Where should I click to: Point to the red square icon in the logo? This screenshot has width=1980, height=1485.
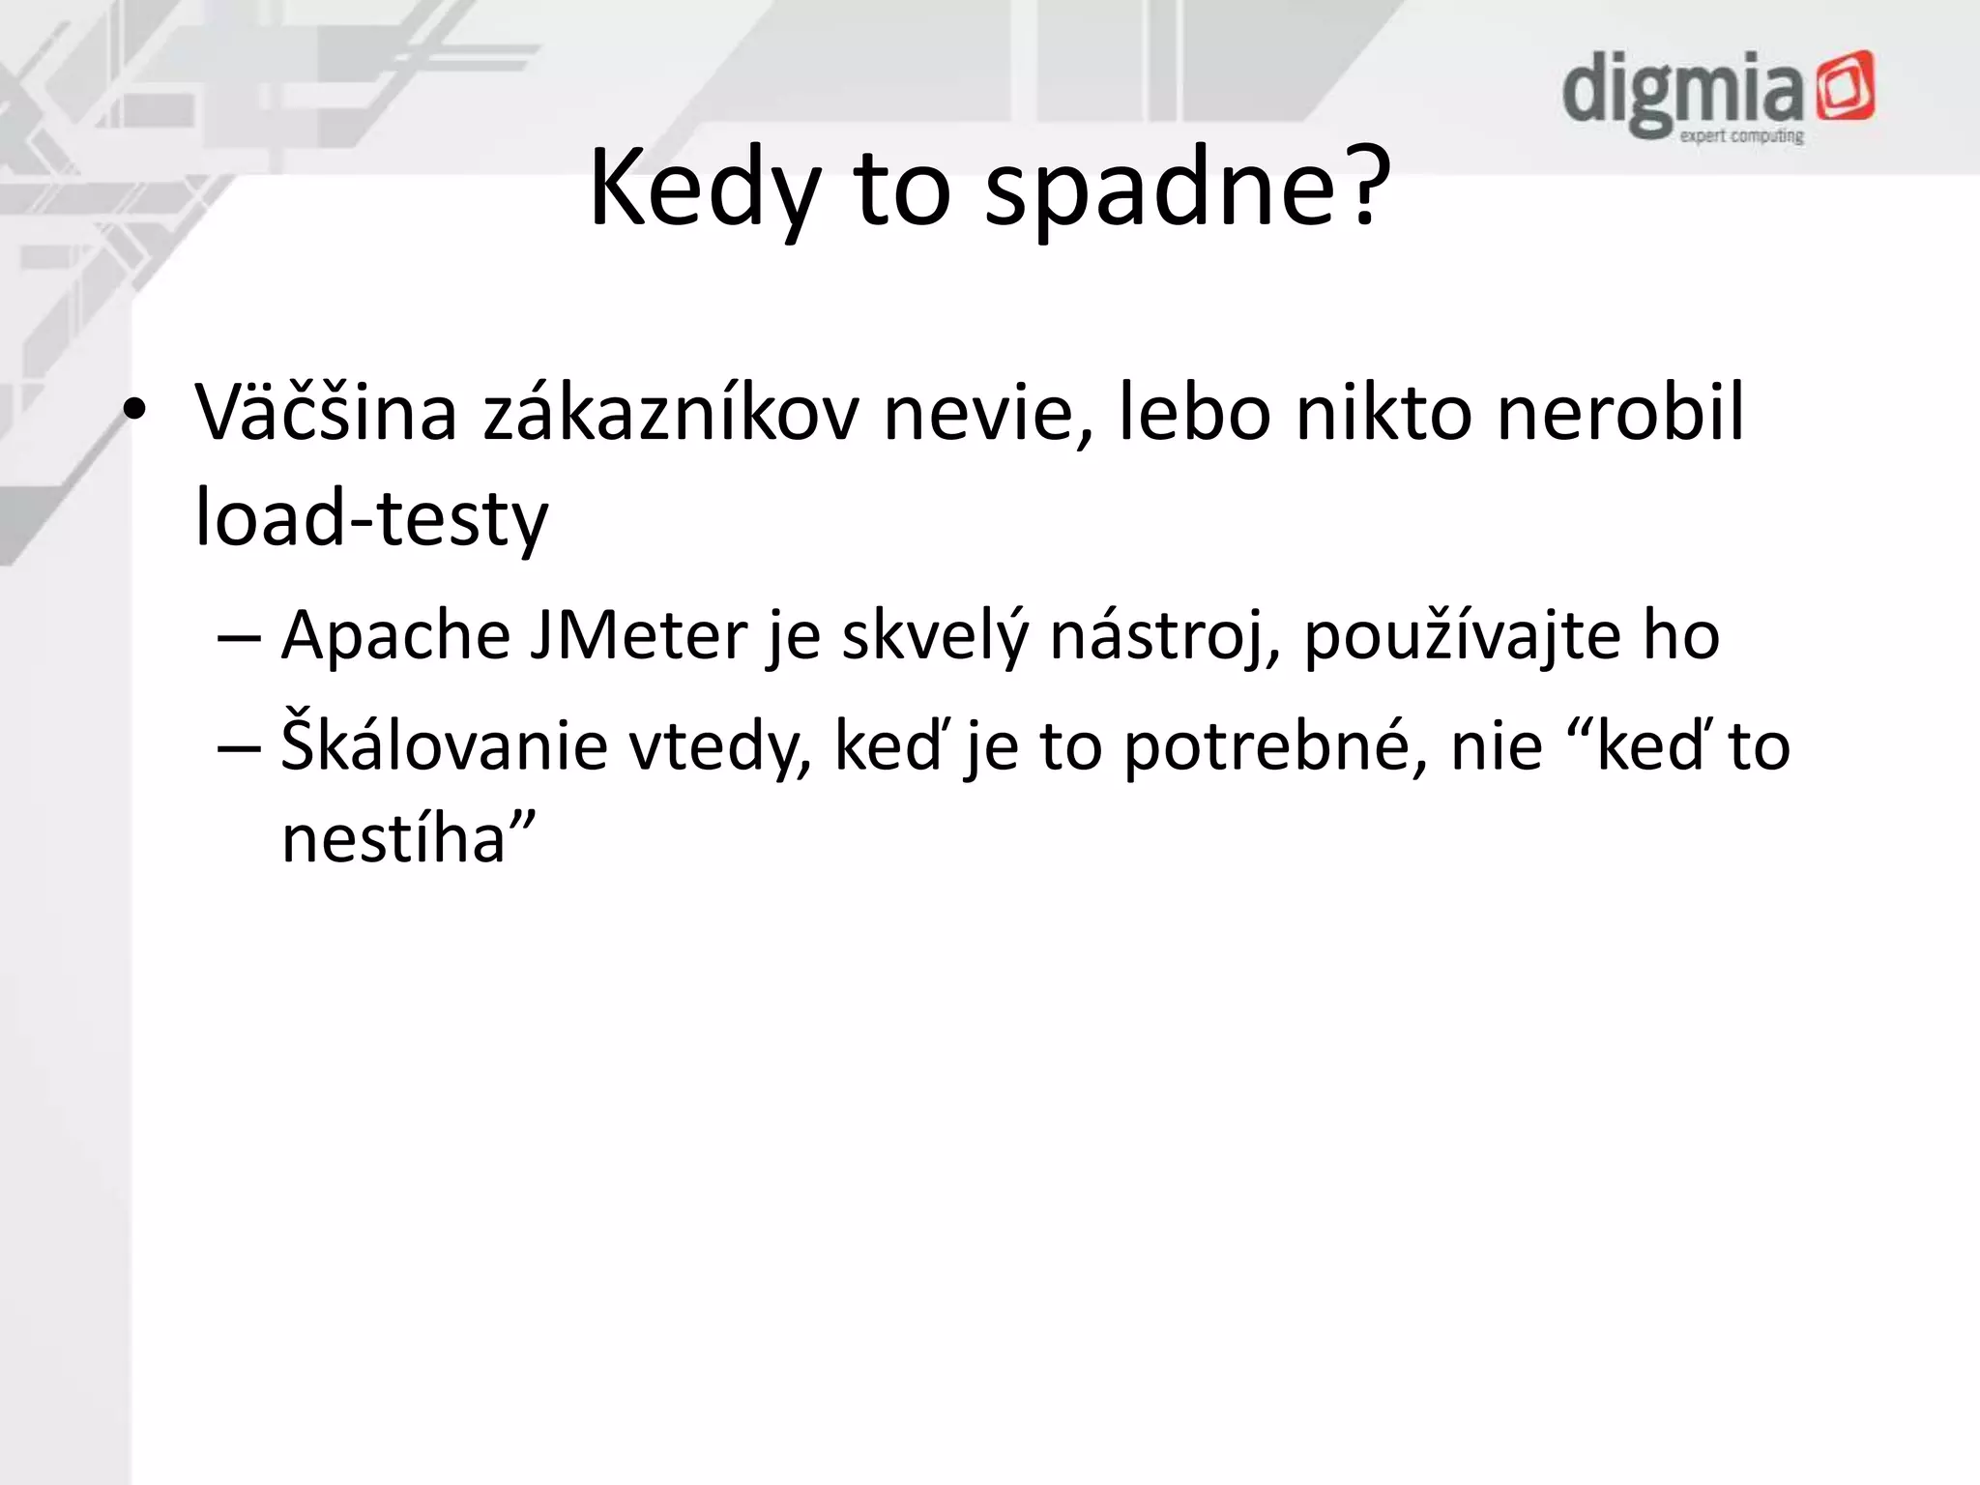1845,88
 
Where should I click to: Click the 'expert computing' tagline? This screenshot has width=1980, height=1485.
1741,136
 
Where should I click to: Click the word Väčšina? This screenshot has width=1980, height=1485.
326,413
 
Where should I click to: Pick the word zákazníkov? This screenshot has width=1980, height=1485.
670,413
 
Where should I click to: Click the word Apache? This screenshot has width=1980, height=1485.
395,637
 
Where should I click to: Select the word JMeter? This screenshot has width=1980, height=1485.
638,637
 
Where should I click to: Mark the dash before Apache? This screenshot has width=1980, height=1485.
239,638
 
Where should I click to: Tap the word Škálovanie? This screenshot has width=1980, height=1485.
444,746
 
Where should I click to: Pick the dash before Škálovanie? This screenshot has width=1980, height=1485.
239,747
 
